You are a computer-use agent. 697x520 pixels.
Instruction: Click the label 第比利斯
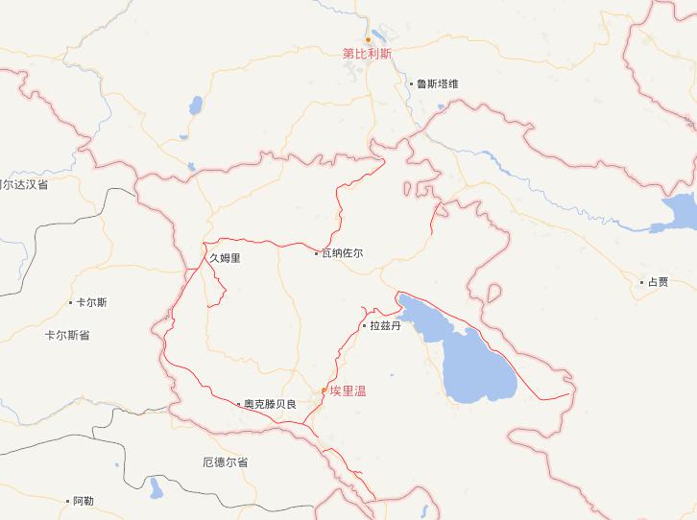[368, 54]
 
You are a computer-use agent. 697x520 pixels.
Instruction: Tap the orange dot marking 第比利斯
[367, 39]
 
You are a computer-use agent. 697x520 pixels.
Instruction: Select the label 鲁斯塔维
[437, 83]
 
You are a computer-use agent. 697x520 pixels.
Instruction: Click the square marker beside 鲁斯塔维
[411, 83]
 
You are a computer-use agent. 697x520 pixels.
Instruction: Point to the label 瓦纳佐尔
[343, 253]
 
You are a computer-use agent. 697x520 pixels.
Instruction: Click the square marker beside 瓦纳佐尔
[317, 253]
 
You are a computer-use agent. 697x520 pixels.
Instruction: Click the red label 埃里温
[348, 390]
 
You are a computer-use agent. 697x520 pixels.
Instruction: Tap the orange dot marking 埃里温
[324, 390]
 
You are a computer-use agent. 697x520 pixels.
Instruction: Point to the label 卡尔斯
[92, 302]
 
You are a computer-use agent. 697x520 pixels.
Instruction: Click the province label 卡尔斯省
[67, 336]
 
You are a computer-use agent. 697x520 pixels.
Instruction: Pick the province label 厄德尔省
[226, 462]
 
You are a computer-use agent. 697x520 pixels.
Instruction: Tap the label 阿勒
[84, 501]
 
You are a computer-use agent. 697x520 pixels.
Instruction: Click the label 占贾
[658, 281]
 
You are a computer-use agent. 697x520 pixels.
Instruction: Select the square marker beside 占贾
[642, 281]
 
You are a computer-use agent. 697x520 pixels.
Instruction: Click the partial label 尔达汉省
[25, 184]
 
